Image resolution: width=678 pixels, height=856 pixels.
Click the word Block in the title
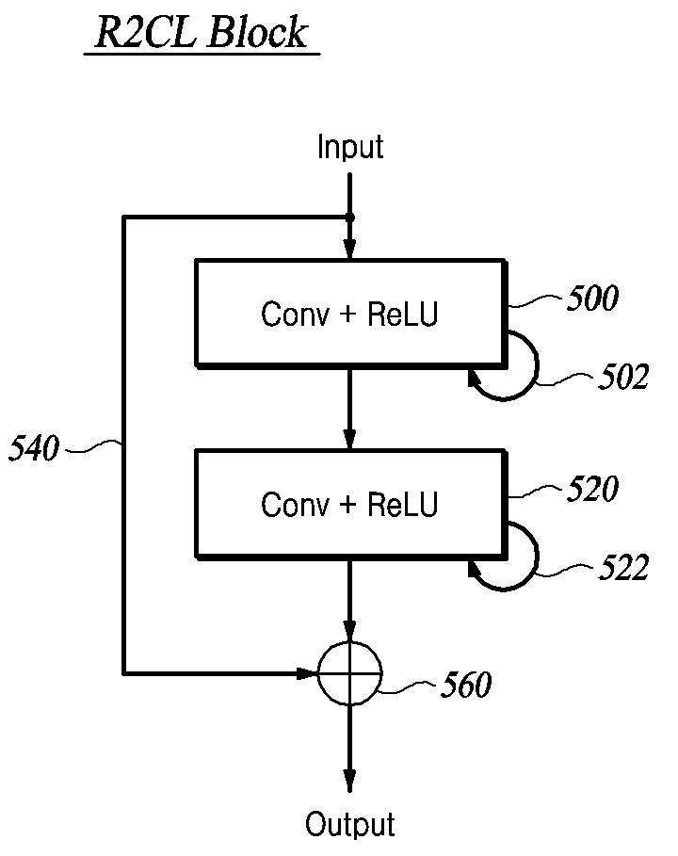coord(258,32)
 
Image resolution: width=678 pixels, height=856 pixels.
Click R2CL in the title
coord(145,33)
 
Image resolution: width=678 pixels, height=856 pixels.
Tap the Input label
coord(350,147)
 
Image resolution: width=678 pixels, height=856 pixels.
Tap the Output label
coord(350,824)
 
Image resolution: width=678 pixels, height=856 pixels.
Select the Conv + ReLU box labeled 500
coord(351,314)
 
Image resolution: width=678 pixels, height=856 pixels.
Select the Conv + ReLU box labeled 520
coord(351,504)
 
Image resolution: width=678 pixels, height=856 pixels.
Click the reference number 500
coord(592,299)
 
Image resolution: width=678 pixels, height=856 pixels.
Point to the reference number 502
coord(623,377)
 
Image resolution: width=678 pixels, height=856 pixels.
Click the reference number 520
coord(592,488)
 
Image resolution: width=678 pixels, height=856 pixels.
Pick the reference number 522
coord(623,567)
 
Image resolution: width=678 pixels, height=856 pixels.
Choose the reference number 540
coord(34,449)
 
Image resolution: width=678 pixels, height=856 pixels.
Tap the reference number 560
coord(466,685)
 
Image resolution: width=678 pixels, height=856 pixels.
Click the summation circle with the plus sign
coord(350,673)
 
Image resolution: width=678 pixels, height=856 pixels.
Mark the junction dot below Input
coord(350,218)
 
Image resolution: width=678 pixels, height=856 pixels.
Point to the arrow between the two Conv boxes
coord(350,409)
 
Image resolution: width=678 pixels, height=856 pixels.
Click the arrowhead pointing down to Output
coord(350,780)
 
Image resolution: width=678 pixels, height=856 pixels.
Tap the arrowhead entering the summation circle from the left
coord(307,673)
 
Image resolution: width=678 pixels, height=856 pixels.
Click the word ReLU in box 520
coord(402,505)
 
